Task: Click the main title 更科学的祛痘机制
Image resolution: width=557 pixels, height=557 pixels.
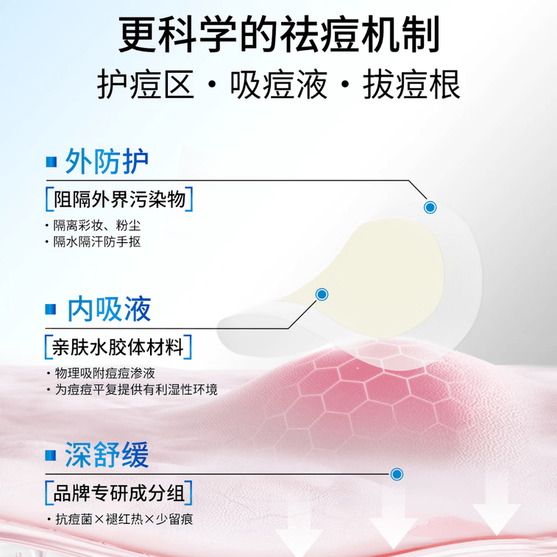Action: tap(279, 35)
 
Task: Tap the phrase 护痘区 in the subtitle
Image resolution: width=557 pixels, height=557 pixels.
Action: tap(146, 85)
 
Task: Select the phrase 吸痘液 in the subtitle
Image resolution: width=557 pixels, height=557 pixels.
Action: tap(279, 85)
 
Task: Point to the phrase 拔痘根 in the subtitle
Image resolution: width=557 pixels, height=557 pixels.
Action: tap(412, 85)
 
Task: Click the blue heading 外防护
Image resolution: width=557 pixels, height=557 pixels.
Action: tap(107, 161)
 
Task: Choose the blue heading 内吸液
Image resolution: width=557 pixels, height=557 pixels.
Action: tap(110, 309)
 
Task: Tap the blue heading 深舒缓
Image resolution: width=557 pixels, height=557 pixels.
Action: tap(107, 455)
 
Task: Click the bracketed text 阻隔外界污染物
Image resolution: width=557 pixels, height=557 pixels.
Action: tap(120, 199)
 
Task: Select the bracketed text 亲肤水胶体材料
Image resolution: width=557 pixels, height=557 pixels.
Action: tap(118, 347)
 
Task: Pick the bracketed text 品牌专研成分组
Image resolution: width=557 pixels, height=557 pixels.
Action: tap(119, 494)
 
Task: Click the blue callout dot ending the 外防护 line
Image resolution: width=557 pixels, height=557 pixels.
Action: tap(430, 207)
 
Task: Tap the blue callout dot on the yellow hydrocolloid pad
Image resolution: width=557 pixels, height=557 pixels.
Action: tap(322, 294)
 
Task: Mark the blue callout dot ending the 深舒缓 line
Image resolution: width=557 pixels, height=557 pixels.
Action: tap(397, 474)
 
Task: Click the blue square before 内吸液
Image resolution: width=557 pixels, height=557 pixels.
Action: tap(51, 309)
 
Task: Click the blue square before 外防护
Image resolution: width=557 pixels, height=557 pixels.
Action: tap(52, 162)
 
